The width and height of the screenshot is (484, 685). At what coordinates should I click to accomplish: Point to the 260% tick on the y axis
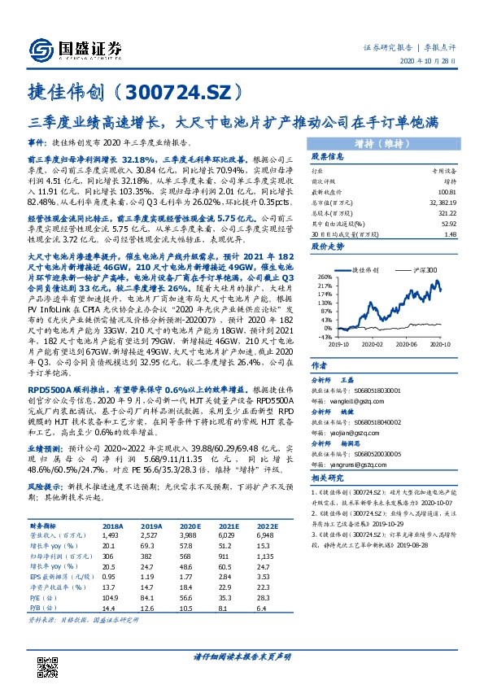(x=323, y=277)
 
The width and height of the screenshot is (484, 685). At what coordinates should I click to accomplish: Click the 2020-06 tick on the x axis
(x=405, y=343)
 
